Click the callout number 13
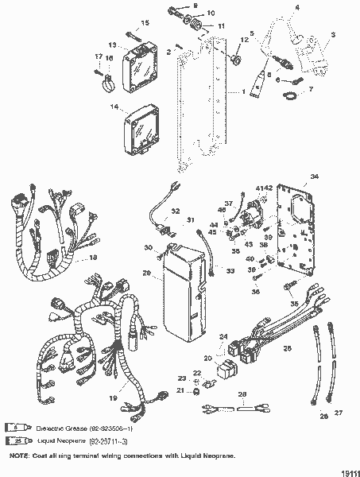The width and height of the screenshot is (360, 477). (113, 45)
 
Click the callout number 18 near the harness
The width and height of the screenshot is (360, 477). (93, 258)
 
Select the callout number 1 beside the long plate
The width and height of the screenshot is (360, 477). (243, 92)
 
